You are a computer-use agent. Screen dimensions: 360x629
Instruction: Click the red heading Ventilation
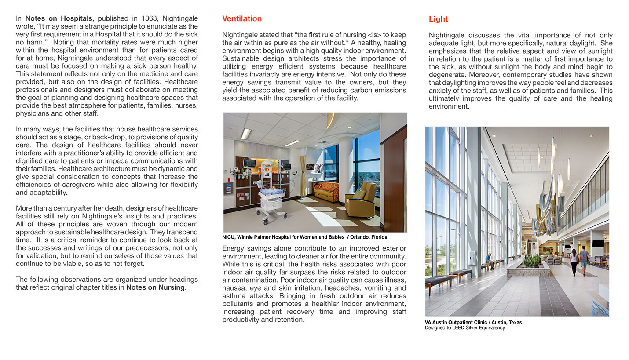click(x=241, y=18)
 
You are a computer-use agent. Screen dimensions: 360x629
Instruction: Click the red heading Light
click(x=438, y=19)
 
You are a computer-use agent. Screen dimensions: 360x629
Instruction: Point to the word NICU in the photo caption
click(x=229, y=237)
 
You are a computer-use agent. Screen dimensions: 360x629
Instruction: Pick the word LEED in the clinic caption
click(x=460, y=327)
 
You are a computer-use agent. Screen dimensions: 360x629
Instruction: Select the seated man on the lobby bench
click(x=489, y=261)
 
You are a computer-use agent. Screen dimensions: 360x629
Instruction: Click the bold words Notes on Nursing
click(x=156, y=287)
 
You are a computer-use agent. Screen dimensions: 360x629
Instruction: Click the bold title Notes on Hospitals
click(x=59, y=18)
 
